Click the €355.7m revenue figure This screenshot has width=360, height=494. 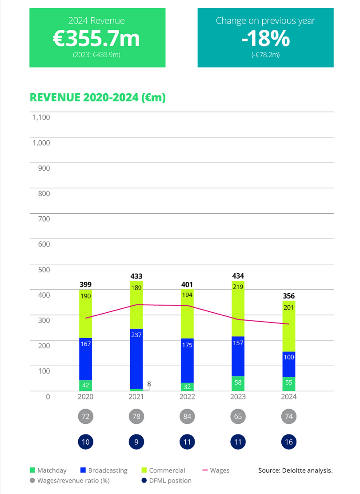tap(97, 39)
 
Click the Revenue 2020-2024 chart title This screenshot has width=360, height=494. tap(97, 97)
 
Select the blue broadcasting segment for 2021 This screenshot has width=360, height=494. tap(136, 359)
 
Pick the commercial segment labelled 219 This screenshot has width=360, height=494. tap(238, 308)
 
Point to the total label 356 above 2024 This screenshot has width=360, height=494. tap(288, 296)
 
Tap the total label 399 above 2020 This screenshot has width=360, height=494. tap(86, 284)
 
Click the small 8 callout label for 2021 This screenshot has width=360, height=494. tap(149, 383)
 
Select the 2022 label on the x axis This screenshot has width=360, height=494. tap(187, 397)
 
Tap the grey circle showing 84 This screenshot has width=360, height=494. tap(187, 417)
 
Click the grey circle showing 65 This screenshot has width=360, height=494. tap(238, 417)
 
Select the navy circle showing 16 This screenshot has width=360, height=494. tap(288, 442)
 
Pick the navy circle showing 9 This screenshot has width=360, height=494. tap(136, 442)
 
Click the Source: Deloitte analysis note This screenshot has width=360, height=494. tap(295, 470)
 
